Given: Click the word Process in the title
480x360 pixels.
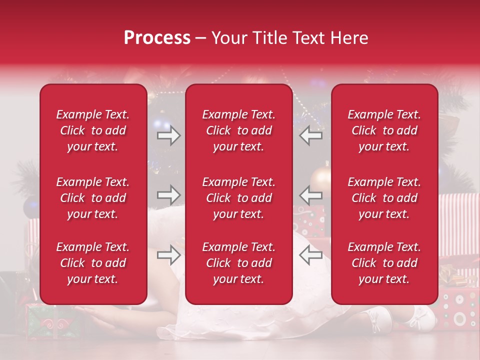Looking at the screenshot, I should click(157, 38).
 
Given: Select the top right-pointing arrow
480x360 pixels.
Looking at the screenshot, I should click(169, 135).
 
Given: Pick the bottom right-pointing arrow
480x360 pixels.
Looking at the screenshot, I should click(169, 255).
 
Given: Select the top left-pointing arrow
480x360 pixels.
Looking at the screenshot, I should click(310, 135).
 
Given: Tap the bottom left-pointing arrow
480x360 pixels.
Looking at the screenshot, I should click(310, 255).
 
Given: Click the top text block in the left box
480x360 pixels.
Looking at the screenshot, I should click(93, 130).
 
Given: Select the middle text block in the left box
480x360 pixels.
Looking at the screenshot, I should click(93, 198).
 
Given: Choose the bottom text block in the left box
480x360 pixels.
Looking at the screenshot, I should click(93, 263).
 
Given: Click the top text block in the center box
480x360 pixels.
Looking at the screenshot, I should click(238, 130).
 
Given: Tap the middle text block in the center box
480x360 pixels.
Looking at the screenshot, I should click(238, 198).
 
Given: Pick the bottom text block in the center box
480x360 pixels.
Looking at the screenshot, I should click(238, 263).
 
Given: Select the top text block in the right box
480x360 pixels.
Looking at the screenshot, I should click(384, 130).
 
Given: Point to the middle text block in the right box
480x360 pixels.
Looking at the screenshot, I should click(384, 198).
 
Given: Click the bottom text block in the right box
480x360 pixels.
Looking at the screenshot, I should click(384, 263).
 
